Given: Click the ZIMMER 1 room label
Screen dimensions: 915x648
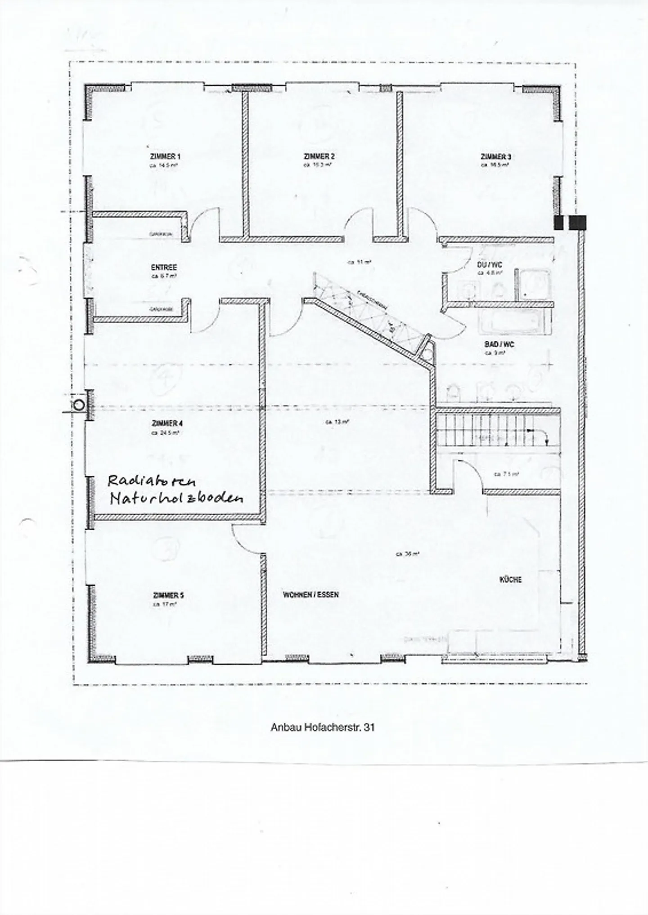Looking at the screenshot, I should point(165,156).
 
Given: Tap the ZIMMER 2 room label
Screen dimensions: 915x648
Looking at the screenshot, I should point(319,156).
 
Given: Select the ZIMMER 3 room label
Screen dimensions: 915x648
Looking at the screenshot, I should point(495,156).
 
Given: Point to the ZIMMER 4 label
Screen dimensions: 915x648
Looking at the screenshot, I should point(167,424).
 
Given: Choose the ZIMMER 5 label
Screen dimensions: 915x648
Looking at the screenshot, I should point(168,595).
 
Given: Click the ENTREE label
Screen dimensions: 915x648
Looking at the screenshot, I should point(164,268).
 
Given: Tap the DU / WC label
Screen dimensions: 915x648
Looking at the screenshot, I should point(490,265).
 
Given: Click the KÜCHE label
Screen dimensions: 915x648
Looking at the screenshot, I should point(510,580).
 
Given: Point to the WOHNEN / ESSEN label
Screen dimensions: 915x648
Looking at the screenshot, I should point(310,594).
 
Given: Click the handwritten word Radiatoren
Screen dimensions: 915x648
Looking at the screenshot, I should point(152,481).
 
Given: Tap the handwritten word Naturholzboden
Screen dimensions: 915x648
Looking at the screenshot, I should point(176,498).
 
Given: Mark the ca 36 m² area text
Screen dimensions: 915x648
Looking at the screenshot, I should point(407,554).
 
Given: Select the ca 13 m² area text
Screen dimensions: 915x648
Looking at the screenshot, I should point(337,422).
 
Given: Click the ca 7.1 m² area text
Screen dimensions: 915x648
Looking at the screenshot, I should point(506,474).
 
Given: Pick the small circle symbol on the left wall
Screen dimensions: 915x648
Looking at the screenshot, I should point(79,405).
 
